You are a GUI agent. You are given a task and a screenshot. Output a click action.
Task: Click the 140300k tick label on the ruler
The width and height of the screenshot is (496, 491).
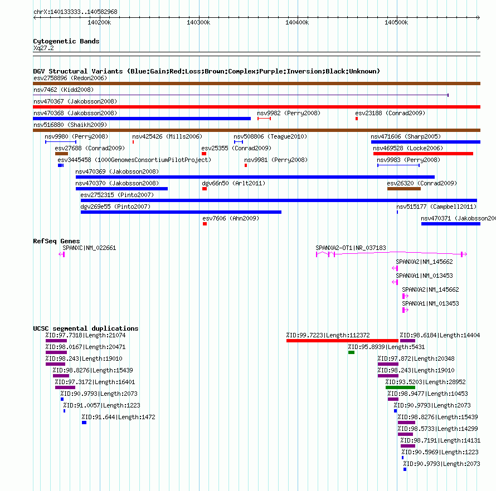[198, 22]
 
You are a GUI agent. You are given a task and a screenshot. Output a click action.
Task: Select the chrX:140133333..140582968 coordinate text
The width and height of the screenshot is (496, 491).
[75, 12]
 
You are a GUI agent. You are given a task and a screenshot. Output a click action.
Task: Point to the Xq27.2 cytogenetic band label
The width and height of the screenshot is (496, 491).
[43, 48]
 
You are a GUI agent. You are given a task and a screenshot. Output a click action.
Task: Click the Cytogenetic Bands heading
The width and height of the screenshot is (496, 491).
[66, 41]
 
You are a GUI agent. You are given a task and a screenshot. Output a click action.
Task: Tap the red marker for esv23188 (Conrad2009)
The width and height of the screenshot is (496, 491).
[357, 119]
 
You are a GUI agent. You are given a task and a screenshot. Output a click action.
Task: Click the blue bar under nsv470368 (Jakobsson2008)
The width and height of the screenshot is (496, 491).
[142, 119]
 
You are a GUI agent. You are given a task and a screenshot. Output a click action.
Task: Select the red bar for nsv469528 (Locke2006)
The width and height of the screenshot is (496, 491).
[423, 154]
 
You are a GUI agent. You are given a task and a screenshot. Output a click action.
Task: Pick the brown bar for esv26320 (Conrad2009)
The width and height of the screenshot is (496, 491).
[404, 189]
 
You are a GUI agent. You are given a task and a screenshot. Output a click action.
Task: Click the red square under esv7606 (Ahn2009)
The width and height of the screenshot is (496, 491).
[205, 224]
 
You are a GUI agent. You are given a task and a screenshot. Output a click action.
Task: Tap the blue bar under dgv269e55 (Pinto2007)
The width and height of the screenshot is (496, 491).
[181, 212]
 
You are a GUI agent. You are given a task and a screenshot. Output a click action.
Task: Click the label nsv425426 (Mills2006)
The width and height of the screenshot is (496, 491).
[167, 136]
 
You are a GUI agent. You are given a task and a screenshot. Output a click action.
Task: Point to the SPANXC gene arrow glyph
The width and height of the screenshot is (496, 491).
[62, 254]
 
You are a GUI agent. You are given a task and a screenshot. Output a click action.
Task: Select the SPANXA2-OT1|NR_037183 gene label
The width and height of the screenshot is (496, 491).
[351, 248]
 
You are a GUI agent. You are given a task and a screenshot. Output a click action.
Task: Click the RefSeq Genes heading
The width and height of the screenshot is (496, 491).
[56, 241]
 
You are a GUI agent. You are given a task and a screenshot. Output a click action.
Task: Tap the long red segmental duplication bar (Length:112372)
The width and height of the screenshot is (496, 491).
[342, 341]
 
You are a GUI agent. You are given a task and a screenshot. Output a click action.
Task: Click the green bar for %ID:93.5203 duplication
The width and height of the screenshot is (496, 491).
[400, 387]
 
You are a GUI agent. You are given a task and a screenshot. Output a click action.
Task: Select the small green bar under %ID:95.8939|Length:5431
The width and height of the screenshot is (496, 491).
[351, 352]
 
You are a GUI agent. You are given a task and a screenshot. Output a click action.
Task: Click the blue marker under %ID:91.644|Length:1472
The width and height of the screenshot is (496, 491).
[84, 423]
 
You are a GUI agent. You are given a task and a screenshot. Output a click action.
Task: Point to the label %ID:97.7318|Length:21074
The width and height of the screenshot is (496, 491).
[85, 335]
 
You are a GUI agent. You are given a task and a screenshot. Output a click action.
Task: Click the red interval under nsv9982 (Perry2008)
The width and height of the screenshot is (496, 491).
[264, 119]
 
